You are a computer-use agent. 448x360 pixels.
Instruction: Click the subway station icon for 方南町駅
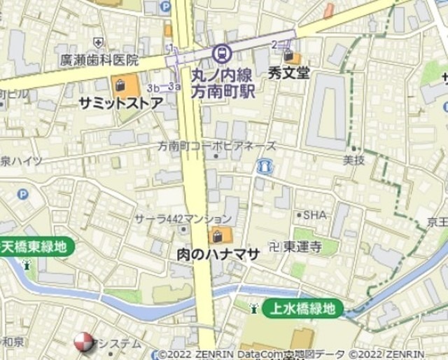pyautogui.click(x=222, y=53)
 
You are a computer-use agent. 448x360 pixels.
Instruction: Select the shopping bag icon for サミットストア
pyautogui.click(x=120, y=87)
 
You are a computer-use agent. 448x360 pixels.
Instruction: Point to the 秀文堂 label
pyautogui.click(x=288, y=72)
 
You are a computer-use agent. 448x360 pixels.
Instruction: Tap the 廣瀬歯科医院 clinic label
pyautogui.click(x=99, y=60)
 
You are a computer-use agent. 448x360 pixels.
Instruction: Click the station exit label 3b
pyautogui.click(x=153, y=88)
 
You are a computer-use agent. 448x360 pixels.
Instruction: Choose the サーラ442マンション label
pyautogui.click(x=183, y=219)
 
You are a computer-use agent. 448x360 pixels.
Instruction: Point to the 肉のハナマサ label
pyautogui.click(x=217, y=254)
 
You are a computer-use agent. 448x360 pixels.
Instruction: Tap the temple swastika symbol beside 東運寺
pyautogui.click(x=274, y=246)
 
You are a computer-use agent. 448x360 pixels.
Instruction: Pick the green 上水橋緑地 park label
pyautogui.click(x=304, y=308)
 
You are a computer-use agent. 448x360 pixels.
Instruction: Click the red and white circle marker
pyautogui.click(x=83, y=342)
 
